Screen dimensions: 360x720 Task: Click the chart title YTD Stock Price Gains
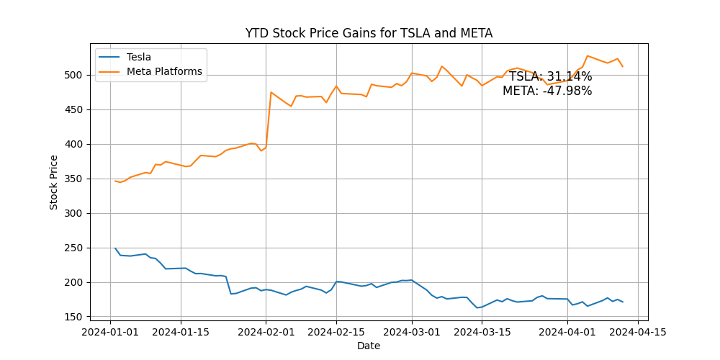(x=369, y=33)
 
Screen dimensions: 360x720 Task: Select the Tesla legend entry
(x=138, y=57)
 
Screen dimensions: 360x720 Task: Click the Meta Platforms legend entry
(x=164, y=71)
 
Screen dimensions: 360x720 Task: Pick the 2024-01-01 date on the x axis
(x=110, y=332)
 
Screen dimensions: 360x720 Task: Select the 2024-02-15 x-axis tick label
(x=336, y=332)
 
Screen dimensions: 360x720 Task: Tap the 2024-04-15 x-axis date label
(x=638, y=332)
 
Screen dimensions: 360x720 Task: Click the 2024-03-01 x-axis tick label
(x=412, y=332)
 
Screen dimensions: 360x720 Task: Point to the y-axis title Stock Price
(x=54, y=182)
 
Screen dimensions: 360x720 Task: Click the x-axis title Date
(x=369, y=346)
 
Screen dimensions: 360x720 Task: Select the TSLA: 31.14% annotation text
(x=550, y=77)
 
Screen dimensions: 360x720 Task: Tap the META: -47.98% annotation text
(x=547, y=91)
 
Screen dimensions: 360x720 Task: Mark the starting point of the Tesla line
(x=115, y=248)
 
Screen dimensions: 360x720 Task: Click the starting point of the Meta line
(x=115, y=181)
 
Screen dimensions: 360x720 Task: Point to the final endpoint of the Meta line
(x=623, y=67)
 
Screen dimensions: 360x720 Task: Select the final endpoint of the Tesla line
(x=623, y=302)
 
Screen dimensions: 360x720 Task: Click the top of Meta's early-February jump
(x=271, y=92)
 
